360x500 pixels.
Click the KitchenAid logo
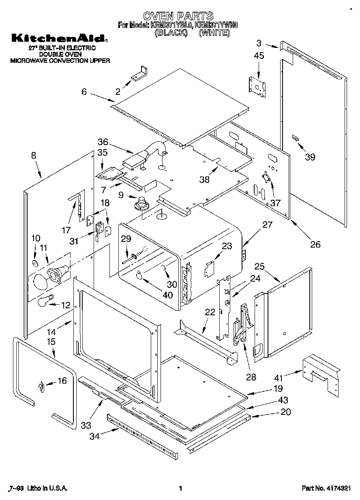59,39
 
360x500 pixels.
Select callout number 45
259,56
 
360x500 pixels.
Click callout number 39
310,157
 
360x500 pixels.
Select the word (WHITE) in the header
214,33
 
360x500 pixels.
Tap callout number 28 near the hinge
251,377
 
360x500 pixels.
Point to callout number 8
34,155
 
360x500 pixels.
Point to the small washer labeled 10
35,264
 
